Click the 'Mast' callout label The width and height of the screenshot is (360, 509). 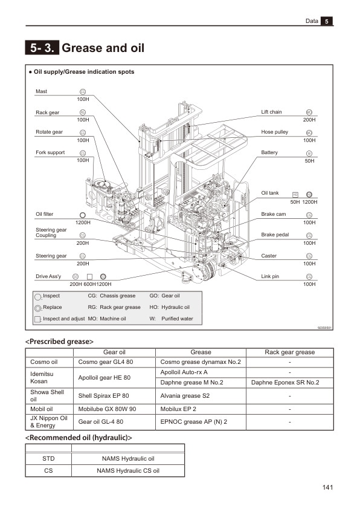[41, 92]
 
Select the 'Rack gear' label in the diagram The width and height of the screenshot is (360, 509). [47, 112]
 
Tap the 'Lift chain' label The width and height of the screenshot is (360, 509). [271, 112]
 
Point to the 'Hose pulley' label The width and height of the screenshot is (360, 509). [274, 132]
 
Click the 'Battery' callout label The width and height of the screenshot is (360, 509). [269, 152]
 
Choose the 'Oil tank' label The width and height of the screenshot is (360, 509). [269, 193]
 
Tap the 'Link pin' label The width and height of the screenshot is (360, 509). [269, 276]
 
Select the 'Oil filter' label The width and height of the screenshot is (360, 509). [45, 214]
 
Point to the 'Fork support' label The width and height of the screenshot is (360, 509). [50, 152]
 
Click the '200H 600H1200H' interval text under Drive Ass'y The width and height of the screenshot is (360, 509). [91, 284]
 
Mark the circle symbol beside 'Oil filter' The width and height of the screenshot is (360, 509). [83, 215]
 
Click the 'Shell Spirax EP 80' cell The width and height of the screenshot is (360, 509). [104, 397]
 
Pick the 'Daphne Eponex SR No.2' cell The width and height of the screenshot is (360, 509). [290, 383]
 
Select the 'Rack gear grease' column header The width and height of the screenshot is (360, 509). [290, 352]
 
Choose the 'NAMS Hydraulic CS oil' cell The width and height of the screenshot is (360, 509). [128, 470]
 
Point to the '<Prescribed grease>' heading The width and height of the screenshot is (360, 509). [59, 342]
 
